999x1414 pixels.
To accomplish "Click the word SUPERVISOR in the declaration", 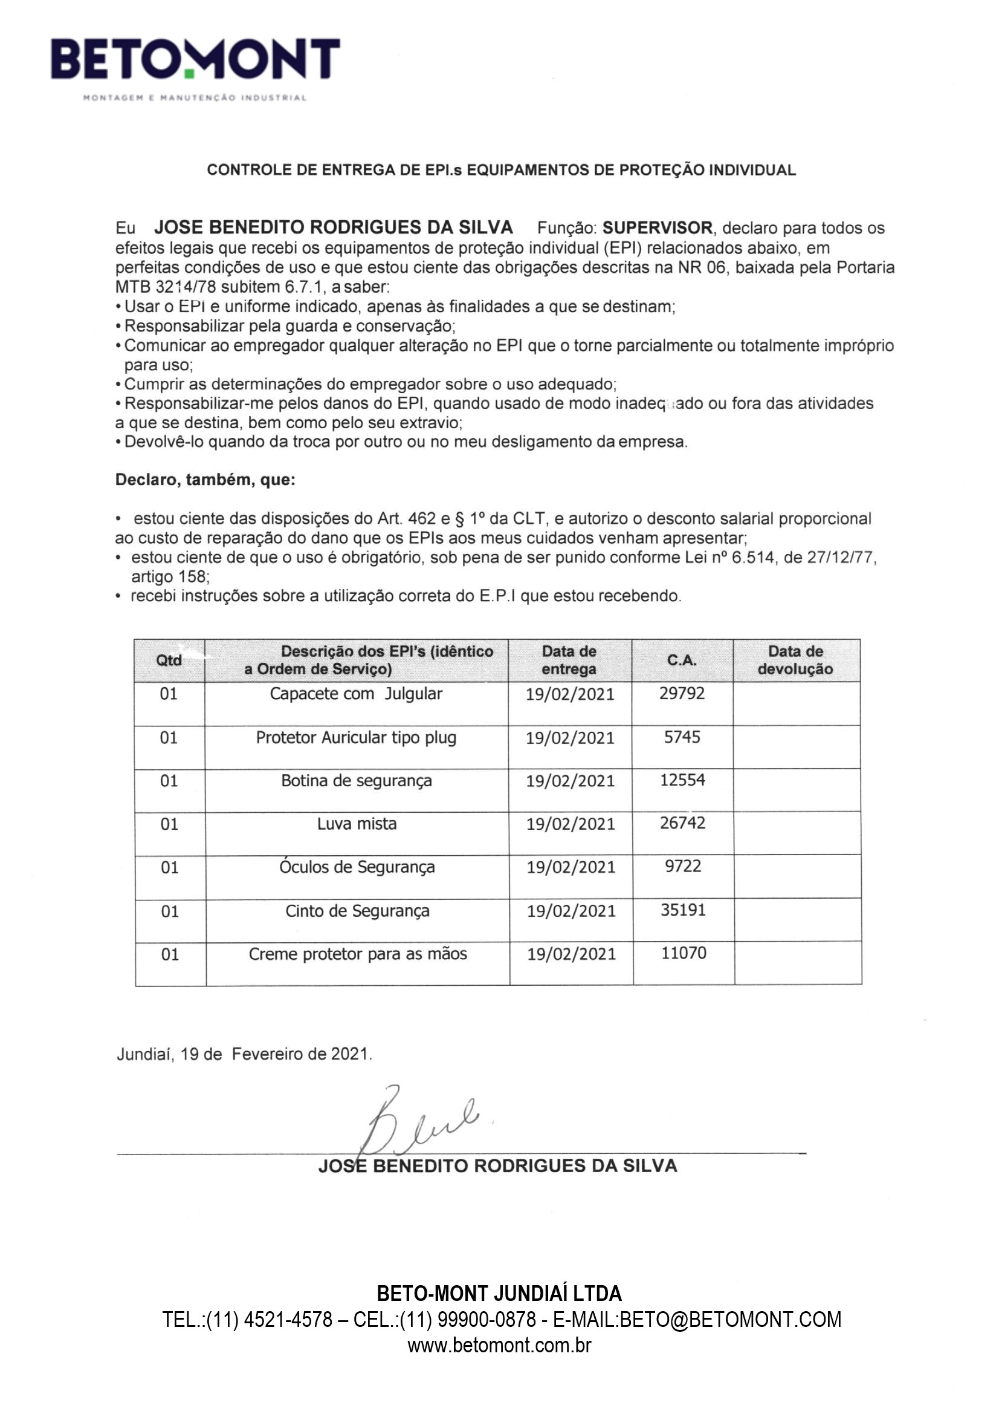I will [x=657, y=228].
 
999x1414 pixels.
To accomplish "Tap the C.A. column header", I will [x=681, y=660].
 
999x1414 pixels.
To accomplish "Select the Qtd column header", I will [x=169, y=660].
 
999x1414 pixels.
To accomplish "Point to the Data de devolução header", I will [x=795, y=660].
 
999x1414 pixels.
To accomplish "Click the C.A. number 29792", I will [x=681, y=694].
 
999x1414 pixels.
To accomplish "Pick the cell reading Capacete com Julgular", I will [x=356, y=694].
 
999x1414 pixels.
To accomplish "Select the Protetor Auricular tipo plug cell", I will [x=356, y=738].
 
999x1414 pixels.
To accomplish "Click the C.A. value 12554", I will [x=682, y=780].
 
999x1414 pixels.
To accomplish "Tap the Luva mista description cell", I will [x=357, y=824].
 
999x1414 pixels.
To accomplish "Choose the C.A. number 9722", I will [x=682, y=867].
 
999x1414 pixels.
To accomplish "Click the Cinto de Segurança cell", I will [x=357, y=911].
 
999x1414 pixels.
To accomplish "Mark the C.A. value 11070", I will [x=684, y=953].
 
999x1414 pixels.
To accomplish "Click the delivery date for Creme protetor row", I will [x=571, y=954].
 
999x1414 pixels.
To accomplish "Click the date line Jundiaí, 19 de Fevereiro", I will [x=244, y=1054].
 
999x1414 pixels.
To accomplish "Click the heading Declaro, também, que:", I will [x=205, y=480].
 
